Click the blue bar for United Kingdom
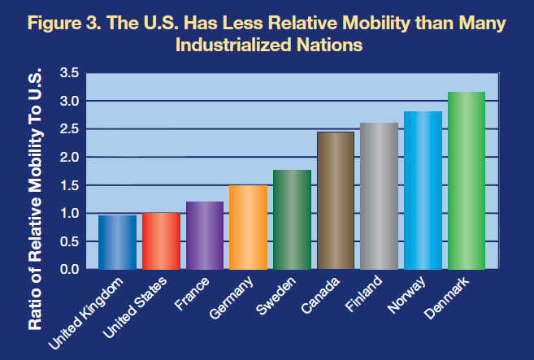(x=116, y=242)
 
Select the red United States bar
(x=160, y=241)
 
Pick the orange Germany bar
(x=247, y=227)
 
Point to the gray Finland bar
(x=379, y=196)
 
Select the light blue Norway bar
(x=423, y=190)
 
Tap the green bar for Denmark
(x=466, y=180)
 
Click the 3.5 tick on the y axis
(x=69, y=74)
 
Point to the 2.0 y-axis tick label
(x=69, y=158)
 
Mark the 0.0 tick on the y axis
(x=69, y=269)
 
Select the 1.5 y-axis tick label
(x=69, y=185)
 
